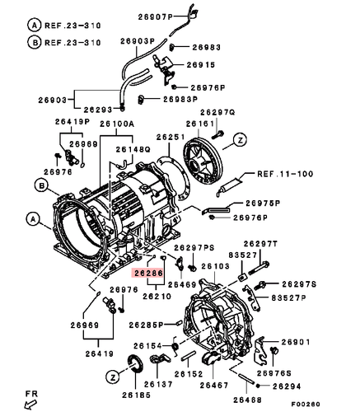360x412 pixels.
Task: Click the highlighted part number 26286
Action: pos(148,270)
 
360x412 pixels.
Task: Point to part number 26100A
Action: pos(116,124)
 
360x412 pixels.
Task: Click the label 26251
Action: pos(171,136)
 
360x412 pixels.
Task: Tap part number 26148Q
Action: pos(132,149)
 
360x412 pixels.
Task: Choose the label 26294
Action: pos(288,386)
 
